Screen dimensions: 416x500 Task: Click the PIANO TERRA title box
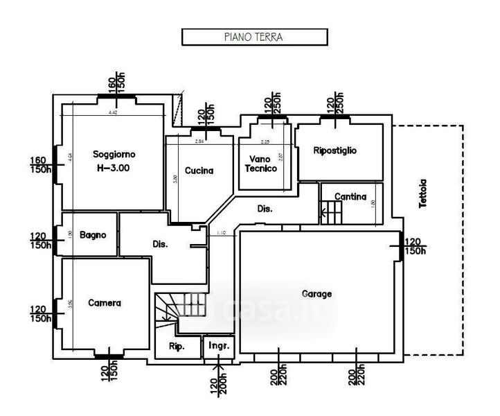click(253, 37)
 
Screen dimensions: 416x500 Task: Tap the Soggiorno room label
click(115, 153)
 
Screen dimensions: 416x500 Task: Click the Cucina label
click(199, 171)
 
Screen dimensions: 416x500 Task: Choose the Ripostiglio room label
click(335, 150)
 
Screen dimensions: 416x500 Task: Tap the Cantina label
click(350, 197)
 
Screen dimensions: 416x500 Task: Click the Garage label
click(316, 294)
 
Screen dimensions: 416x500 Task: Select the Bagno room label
click(92, 235)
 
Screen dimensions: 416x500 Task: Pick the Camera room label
click(105, 303)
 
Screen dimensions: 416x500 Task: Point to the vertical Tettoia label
click(423, 193)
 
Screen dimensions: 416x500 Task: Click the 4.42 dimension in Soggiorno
click(113, 112)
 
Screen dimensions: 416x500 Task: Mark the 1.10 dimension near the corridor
click(221, 232)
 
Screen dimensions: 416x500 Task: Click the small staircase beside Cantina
click(332, 212)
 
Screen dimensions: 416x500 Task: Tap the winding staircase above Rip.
click(170, 311)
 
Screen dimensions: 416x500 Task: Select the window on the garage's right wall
click(401, 247)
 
